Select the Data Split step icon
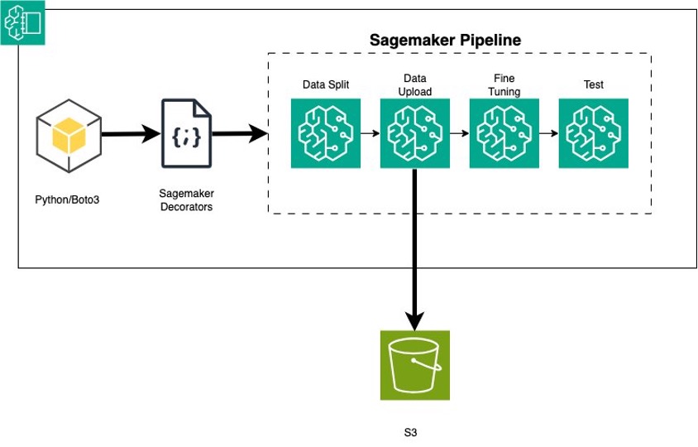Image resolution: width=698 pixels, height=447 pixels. pos(326,133)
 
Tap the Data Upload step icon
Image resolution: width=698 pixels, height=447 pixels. pos(415,133)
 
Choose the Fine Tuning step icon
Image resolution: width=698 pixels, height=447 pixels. pos(504,133)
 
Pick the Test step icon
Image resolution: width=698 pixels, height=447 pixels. pos(593,133)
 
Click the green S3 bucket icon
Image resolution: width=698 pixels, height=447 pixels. pos(415,365)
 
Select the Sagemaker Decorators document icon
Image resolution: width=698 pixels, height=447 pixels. pos(186,133)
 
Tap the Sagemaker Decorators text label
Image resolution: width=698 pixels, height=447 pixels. pos(185,199)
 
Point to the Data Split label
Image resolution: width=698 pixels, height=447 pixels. pos(326,84)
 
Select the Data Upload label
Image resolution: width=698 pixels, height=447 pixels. pos(414,84)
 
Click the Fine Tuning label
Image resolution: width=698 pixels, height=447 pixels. pos(504,84)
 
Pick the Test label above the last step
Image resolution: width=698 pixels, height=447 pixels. pos(593,84)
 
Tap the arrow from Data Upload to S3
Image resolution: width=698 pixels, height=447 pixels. pos(415,248)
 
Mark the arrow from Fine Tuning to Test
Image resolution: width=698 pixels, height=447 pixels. pos(548,133)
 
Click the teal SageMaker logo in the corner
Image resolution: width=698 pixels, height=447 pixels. pos(22,22)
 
